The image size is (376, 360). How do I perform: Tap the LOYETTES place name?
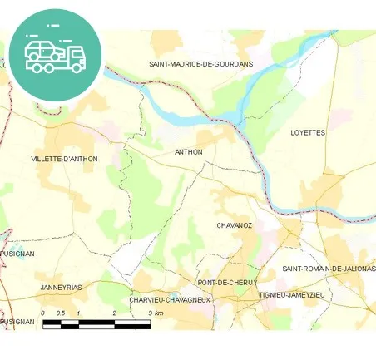click(308, 132)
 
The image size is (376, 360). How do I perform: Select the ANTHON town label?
click(189, 152)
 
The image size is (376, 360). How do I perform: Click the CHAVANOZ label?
click(234, 225)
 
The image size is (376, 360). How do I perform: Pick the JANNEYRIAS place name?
click(62, 287)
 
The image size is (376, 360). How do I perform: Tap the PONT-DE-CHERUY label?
click(227, 283)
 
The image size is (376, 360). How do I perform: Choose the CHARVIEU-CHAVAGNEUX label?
click(171, 300)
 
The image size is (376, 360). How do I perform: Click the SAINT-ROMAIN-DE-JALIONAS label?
click(329, 269)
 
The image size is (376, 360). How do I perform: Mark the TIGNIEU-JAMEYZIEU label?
click(291, 294)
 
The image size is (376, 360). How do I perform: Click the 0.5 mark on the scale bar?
click(60, 313)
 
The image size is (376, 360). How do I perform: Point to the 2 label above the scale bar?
click(114, 313)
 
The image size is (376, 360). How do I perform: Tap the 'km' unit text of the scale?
click(160, 313)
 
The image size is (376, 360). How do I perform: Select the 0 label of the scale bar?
click(43, 313)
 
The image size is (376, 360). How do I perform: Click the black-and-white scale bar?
click(96, 323)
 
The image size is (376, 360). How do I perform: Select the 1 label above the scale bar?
click(78, 313)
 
